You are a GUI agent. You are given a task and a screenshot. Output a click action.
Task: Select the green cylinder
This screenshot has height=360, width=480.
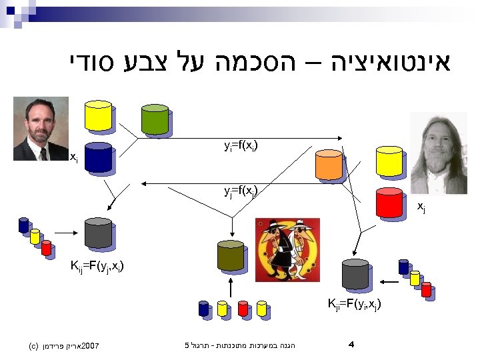point(155,119)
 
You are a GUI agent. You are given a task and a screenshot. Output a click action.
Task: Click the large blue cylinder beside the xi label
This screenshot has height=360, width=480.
point(98,157)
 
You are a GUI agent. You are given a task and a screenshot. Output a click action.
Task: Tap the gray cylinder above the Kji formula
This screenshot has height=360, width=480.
point(355,273)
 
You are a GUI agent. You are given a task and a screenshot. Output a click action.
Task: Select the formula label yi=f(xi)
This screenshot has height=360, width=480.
point(241,145)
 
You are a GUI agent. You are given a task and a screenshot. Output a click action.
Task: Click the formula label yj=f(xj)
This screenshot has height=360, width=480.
point(241,192)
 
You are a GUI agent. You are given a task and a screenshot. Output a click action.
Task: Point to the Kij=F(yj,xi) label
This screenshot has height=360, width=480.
point(97,267)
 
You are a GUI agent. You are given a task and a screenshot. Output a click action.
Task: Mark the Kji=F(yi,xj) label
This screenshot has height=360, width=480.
point(354,305)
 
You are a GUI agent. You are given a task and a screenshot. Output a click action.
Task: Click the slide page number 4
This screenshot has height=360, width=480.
point(351,345)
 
